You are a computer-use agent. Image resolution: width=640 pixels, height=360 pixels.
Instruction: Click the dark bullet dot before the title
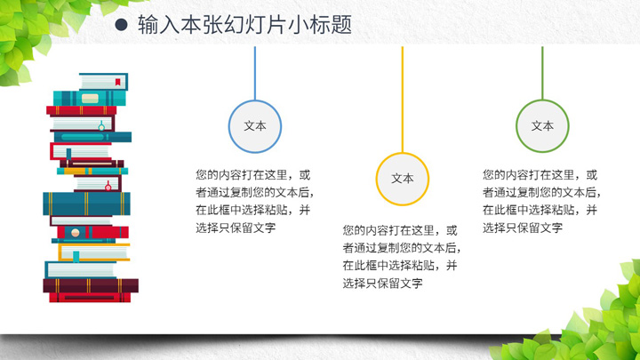pos(121,25)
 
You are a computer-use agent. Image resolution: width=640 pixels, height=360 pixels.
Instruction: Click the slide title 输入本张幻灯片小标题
pos(245,25)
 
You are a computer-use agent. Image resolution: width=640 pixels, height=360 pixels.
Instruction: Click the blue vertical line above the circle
pos(255,73)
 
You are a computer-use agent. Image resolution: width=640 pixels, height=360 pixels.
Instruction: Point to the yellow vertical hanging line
pos(403,100)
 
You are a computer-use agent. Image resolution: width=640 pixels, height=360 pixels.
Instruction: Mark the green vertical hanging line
pos(542,73)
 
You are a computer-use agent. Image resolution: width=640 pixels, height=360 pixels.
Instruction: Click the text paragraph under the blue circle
pos(255,201)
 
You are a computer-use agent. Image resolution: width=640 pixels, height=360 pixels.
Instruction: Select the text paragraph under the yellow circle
pos(402,257)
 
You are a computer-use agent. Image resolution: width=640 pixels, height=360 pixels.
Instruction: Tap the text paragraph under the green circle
pos(541,201)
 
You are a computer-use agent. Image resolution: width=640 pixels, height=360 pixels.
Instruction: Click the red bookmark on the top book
pos(117,82)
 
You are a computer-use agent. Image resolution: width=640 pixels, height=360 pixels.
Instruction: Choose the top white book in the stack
pos(104,82)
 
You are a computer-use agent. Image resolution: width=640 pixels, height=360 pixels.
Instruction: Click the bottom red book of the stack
pos(90,298)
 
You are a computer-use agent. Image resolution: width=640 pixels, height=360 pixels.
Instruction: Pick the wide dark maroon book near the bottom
pos(91,285)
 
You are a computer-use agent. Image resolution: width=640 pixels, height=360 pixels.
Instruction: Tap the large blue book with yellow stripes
pos(86,204)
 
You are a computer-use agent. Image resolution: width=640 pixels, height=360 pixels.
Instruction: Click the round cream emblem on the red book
pos(75,233)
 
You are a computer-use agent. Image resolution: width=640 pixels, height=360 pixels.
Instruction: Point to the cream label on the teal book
pos(90,99)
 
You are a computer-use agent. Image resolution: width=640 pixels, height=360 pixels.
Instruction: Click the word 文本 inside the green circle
pos(542,126)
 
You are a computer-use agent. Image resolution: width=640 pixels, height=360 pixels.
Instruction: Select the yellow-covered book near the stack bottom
pos(94,252)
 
